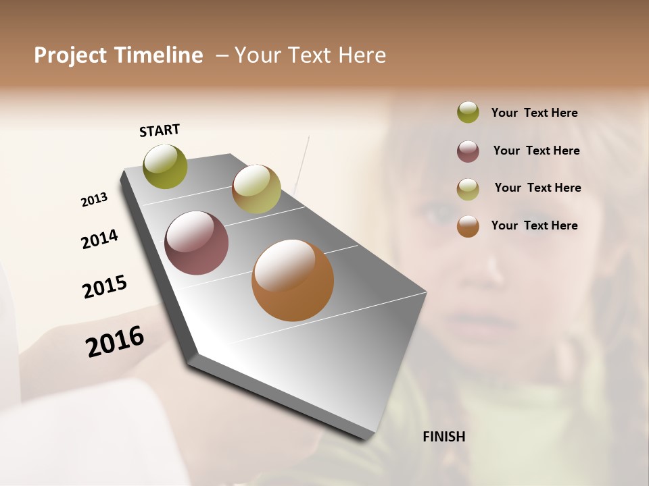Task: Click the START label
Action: pyautogui.click(x=160, y=130)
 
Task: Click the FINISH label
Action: pyautogui.click(x=443, y=437)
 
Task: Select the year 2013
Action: pyautogui.click(x=94, y=199)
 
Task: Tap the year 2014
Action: pyautogui.click(x=99, y=240)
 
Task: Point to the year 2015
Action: pyautogui.click(x=105, y=287)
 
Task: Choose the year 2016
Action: pyautogui.click(x=115, y=342)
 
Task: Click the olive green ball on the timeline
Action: pyautogui.click(x=166, y=166)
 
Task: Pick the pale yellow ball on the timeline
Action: pyautogui.click(x=256, y=189)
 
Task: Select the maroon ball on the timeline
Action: pyautogui.click(x=197, y=243)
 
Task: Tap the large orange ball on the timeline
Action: pyautogui.click(x=293, y=280)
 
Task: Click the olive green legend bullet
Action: pyautogui.click(x=468, y=113)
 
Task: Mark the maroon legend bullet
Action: pyautogui.click(x=468, y=151)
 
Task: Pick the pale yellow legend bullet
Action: pyautogui.click(x=468, y=189)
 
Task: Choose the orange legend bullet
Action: pyautogui.click(x=468, y=226)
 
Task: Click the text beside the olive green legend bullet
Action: pyautogui.click(x=534, y=113)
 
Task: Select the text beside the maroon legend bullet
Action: pyautogui.click(x=536, y=151)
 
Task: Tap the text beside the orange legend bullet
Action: pyautogui.click(x=534, y=225)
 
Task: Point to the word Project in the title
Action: pyautogui.click(x=70, y=55)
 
